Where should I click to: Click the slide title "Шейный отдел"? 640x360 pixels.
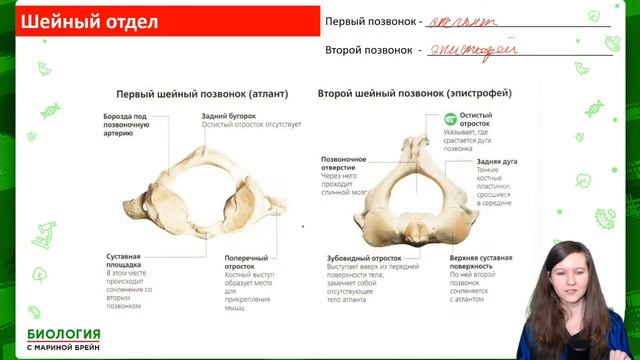(x=89, y=21)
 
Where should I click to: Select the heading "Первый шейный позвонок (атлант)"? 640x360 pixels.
(x=203, y=94)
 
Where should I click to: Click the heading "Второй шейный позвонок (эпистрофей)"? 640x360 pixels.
(x=414, y=93)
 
